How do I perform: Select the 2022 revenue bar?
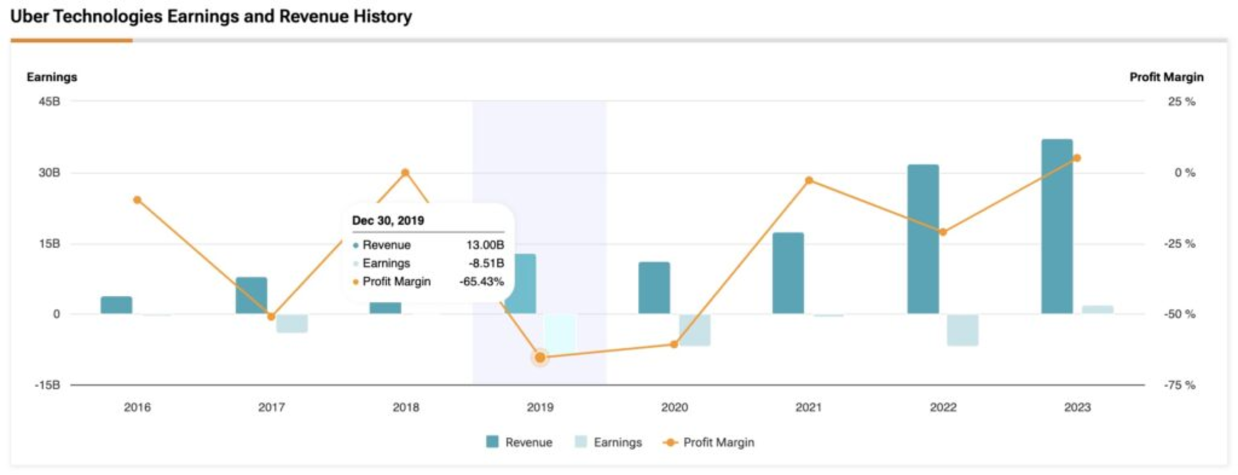tap(923, 239)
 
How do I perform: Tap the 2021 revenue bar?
tap(788, 273)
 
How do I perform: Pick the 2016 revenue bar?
tap(116, 305)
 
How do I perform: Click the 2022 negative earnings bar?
tap(962, 330)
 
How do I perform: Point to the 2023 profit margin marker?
tap(1077, 158)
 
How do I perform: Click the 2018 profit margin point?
tap(405, 173)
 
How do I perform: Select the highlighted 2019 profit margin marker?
tap(540, 357)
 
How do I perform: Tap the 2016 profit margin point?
tap(137, 200)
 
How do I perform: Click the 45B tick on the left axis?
tap(49, 101)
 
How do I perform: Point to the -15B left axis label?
tap(47, 385)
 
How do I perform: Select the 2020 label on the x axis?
tap(674, 407)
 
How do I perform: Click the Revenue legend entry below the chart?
tap(520, 442)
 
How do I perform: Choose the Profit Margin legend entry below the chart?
tap(709, 442)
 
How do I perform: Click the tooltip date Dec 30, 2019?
tap(388, 220)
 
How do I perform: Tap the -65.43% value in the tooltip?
tap(481, 282)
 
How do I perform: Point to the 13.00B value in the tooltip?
tap(485, 245)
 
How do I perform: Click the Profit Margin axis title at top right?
tap(1166, 77)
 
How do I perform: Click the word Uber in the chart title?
tap(29, 16)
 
